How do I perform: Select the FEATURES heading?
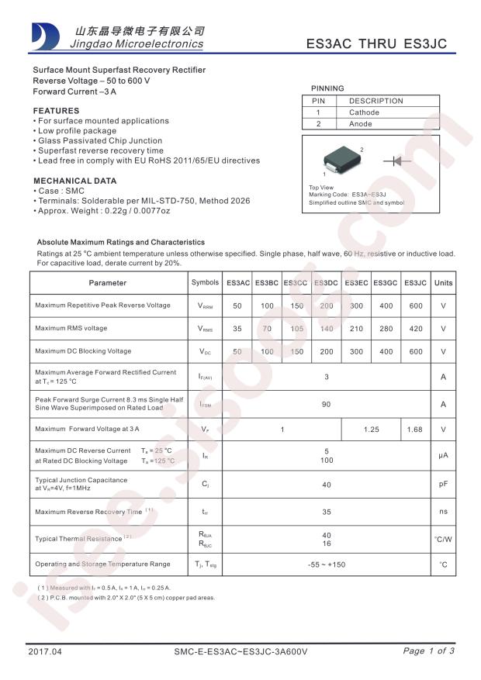click(x=56, y=111)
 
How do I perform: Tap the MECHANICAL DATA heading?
click(x=74, y=181)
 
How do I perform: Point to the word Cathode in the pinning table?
click(x=364, y=112)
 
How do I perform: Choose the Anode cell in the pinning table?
click(x=361, y=124)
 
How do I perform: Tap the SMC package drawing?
click(x=342, y=159)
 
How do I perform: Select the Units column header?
click(x=443, y=283)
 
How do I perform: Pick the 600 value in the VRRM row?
click(x=416, y=306)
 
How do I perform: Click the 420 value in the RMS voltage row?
click(x=416, y=329)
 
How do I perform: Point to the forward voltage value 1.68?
click(x=416, y=430)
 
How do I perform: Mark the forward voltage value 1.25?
click(x=372, y=430)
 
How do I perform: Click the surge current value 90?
click(x=327, y=405)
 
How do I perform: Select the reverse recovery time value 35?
click(x=327, y=513)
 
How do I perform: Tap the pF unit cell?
click(x=443, y=485)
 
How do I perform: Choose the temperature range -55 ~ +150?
click(x=327, y=564)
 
